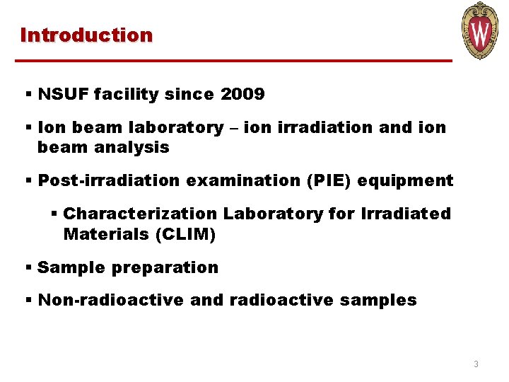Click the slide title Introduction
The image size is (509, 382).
[86, 35]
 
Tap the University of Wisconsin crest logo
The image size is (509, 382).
[480, 31]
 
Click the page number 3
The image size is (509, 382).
[476, 364]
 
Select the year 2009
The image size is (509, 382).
[242, 94]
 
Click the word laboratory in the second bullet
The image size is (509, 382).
[165, 128]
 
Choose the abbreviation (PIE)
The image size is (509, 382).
[327, 181]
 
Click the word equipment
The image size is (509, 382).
[406, 181]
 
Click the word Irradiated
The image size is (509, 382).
[407, 214]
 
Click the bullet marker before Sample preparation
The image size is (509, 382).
[28, 268]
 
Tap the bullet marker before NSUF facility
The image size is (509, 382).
[28, 94]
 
